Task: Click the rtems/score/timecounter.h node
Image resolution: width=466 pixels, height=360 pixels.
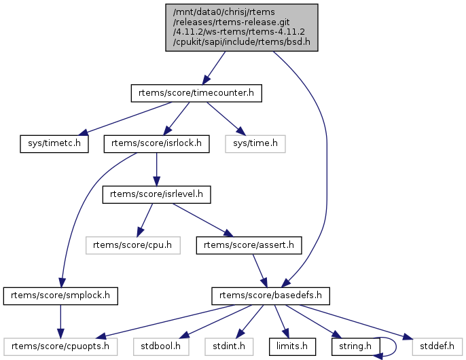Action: (x=197, y=92)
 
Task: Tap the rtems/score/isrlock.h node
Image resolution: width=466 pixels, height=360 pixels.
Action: (x=157, y=143)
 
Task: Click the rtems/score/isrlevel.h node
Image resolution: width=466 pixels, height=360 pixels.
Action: (x=157, y=194)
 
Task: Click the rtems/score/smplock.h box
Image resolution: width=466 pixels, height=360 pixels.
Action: (x=61, y=296)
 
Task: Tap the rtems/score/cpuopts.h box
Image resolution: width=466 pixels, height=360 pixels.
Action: (x=61, y=347)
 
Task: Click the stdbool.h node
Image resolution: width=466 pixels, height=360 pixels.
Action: (x=157, y=347)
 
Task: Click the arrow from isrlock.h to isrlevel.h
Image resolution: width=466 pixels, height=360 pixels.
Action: (x=157, y=168)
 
